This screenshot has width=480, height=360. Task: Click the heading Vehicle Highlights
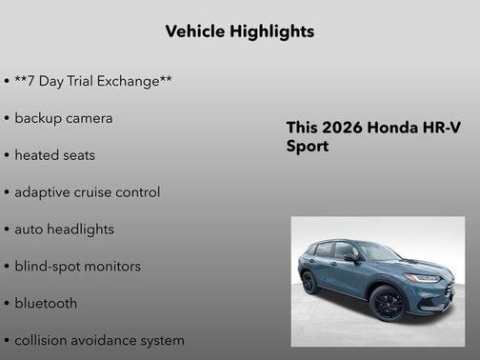pyautogui.click(x=239, y=31)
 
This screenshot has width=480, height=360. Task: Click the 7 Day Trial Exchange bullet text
pyautogui.click(x=93, y=81)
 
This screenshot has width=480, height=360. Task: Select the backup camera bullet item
pyautogui.click(x=63, y=118)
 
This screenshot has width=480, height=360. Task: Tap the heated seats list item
pyautogui.click(x=54, y=154)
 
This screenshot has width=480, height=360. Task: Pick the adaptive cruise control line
pyautogui.click(x=87, y=191)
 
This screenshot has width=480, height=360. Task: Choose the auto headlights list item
pyautogui.click(x=64, y=229)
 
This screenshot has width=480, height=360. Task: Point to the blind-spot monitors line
pyautogui.click(x=77, y=266)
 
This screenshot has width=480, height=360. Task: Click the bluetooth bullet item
pyautogui.click(x=46, y=303)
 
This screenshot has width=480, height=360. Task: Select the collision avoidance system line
pyautogui.click(x=99, y=340)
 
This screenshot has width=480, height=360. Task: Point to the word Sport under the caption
pyautogui.click(x=308, y=147)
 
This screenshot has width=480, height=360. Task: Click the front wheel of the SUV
pyautogui.click(x=388, y=304)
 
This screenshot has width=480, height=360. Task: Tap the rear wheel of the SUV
pyautogui.click(x=310, y=283)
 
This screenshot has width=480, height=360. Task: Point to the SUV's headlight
pyautogui.click(x=423, y=278)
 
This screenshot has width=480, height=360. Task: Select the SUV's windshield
pyautogui.click(x=378, y=251)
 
